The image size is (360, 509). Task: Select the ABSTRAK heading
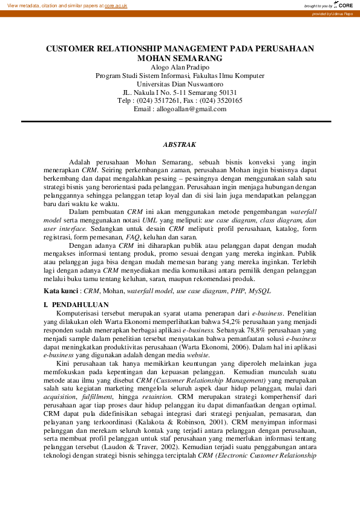180,144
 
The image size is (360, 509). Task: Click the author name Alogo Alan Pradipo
180,67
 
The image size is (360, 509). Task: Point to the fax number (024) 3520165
222,101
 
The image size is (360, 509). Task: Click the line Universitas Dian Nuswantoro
180,84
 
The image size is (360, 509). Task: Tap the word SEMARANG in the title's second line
197,59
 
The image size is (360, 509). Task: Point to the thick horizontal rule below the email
180,122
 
